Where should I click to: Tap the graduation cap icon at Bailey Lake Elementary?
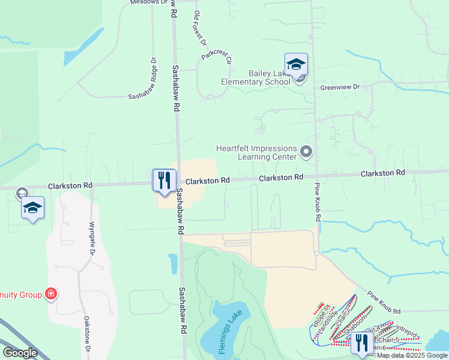click(x=296, y=64)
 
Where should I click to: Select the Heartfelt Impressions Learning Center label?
click(x=258, y=152)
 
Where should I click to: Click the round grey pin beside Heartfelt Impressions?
click(x=307, y=152)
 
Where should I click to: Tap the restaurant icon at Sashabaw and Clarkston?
click(x=164, y=180)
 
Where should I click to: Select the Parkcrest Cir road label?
click(x=216, y=56)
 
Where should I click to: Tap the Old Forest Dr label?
click(x=200, y=29)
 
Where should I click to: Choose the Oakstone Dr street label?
click(x=87, y=335)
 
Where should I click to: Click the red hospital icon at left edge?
click(x=52, y=294)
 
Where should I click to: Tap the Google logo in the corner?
click(x=20, y=352)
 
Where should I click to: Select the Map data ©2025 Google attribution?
click(x=412, y=355)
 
